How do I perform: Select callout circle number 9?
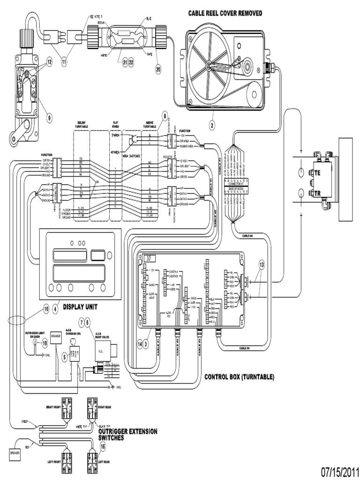click(50, 118)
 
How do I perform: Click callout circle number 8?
click(165, 116)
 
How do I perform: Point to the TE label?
click(318, 172)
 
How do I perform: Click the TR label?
click(318, 193)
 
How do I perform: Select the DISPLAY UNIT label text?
click(85, 308)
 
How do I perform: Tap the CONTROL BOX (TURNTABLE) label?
click(239, 376)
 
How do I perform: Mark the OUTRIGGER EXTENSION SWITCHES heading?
click(127, 434)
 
